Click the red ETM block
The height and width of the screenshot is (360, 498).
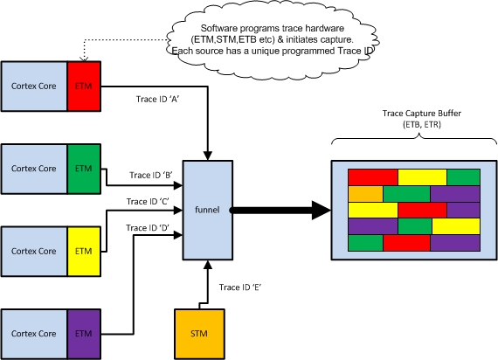[85, 85]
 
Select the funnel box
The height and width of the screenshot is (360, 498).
[206, 210]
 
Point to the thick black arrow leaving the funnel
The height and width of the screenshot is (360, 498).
[280, 210]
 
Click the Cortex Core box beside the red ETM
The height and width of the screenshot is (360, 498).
[34, 85]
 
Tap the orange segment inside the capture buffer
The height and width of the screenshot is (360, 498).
[364, 193]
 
